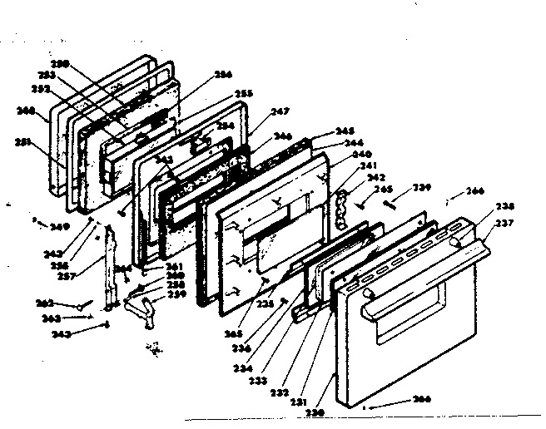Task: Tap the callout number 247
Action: coord(280,111)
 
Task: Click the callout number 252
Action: coord(42,87)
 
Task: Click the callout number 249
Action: coord(57,225)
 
